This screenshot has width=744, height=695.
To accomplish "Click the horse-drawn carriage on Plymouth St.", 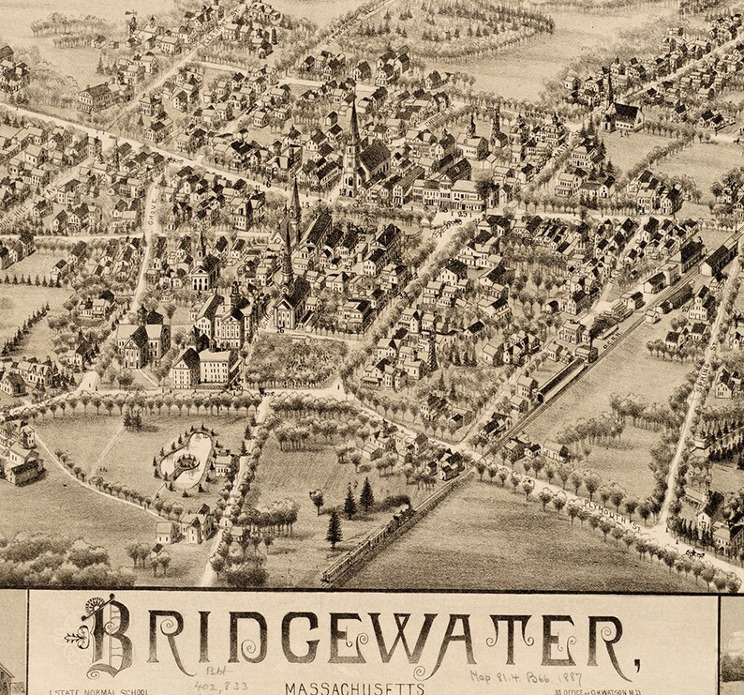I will point(694,553).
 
